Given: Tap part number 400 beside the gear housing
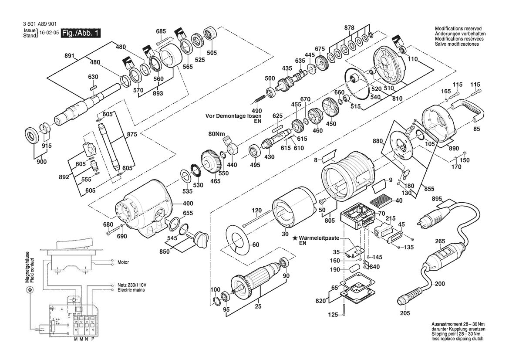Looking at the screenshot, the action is point(188,204).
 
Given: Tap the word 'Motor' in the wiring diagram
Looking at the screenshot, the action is point(123,262).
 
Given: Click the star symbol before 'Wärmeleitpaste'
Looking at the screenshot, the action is point(295,238).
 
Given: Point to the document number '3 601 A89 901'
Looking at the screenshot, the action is point(35,24).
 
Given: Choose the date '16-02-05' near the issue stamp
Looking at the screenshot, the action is point(49,33).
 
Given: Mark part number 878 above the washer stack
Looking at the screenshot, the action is point(349,28).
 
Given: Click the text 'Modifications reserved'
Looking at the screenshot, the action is point(458,29).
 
